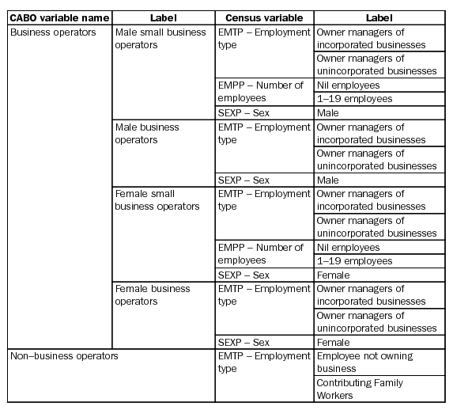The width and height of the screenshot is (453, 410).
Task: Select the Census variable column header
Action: pyautogui.click(x=264, y=17)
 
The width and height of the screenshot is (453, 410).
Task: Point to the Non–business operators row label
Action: pyautogui.click(x=64, y=355)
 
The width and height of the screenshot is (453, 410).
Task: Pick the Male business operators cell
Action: pyautogui.click(x=147, y=133)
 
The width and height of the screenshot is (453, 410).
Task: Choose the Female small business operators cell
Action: pyautogui.click(x=157, y=199)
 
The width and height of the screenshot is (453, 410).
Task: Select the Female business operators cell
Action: pyautogui.click(x=153, y=294)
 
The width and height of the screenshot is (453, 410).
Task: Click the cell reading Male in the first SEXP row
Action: pyautogui.click(x=327, y=112)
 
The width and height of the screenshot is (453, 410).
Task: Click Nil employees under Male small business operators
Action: pyautogui.click(x=348, y=85)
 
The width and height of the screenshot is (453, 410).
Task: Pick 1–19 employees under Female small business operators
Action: pyautogui.click(x=353, y=260)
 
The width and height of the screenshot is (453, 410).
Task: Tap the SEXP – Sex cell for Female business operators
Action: pyautogui.click(x=243, y=342)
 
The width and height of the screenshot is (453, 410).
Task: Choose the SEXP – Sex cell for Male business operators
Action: pyautogui.click(x=243, y=180)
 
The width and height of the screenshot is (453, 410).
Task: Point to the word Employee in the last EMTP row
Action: pyautogui.click(x=342, y=355)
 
